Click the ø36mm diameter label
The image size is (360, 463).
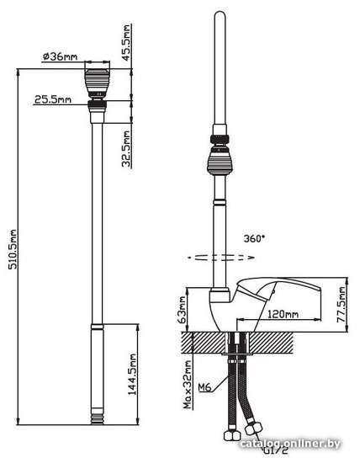point(61,56)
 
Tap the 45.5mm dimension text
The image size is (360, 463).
point(126,43)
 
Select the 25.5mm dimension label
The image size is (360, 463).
point(53,99)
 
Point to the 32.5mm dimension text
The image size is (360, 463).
point(126,149)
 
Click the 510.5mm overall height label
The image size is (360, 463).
point(13,249)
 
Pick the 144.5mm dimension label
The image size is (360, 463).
point(132,374)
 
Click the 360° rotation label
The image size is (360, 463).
point(254,238)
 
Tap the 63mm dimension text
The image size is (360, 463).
point(183,311)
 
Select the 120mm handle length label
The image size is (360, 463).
point(283,314)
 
